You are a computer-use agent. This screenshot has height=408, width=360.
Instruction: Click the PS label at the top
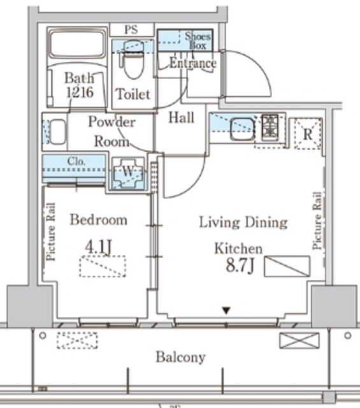click(x=131, y=29)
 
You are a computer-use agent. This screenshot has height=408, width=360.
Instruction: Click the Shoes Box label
click(x=198, y=41)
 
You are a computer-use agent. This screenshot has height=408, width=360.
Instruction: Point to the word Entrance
click(x=193, y=63)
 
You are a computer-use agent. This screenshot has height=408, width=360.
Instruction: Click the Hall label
click(x=182, y=117)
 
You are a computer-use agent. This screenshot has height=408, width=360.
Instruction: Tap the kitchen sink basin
click(x=242, y=129)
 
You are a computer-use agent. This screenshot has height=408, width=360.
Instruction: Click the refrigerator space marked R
click(x=308, y=134)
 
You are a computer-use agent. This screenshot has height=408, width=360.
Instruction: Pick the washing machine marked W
click(x=128, y=173)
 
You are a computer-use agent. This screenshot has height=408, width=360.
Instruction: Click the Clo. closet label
click(x=76, y=161)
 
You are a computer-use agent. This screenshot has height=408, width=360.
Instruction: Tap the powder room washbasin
click(x=57, y=132)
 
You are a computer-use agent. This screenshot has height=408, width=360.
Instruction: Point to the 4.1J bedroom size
click(x=98, y=247)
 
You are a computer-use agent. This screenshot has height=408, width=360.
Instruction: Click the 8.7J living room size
click(x=240, y=266)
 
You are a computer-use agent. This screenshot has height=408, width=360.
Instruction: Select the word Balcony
click(x=181, y=357)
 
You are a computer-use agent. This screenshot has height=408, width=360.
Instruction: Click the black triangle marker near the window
click(x=226, y=310)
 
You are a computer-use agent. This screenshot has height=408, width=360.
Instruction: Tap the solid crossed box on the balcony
click(x=299, y=340)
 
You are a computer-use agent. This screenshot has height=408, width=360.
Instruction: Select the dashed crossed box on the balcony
click(x=77, y=340)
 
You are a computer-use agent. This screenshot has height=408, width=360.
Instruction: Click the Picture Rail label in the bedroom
click(x=50, y=231)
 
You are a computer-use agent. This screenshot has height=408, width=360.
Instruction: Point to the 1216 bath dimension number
click(x=80, y=92)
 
